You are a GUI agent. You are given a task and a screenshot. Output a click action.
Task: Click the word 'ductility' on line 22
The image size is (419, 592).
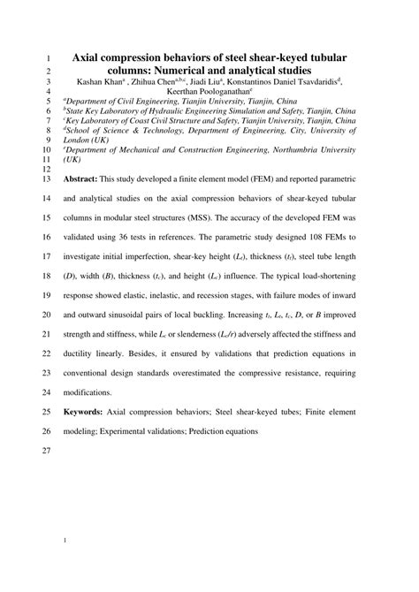86,353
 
